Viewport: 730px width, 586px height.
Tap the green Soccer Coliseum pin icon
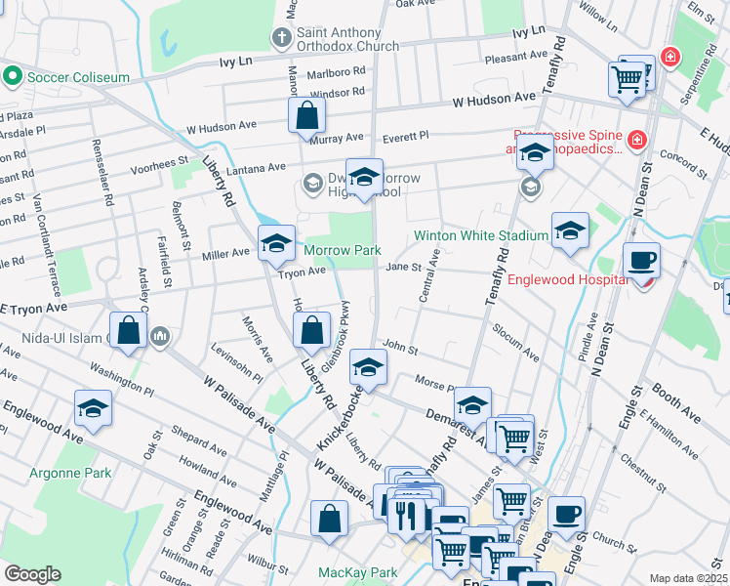13,74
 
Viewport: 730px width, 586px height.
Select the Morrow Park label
342,251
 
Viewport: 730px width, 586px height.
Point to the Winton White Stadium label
480,235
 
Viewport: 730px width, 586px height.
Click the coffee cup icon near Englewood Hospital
641,260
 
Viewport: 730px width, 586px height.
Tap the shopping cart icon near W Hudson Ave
628,78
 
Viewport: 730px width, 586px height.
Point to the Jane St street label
403,267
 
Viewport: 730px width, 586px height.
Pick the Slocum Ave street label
515,343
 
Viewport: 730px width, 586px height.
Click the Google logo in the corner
33,573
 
